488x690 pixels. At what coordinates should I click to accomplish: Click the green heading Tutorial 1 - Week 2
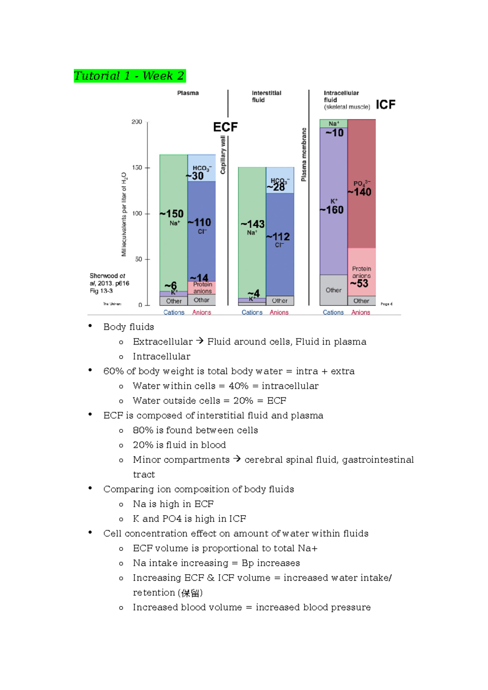[x=129, y=76]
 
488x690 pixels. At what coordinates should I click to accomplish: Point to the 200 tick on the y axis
[x=137, y=122]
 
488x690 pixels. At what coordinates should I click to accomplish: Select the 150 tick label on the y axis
[x=137, y=167]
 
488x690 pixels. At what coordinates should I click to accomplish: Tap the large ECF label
[x=225, y=127]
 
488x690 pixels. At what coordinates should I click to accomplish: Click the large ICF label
[x=386, y=105]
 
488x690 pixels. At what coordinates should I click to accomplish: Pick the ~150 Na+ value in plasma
[x=172, y=214]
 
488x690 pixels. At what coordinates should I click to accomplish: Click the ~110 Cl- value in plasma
[x=200, y=223]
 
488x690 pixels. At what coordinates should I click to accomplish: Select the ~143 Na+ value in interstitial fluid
[x=253, y=224]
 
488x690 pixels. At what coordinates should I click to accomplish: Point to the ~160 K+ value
[x=332, y=210]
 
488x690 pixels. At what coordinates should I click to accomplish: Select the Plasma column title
[x=188, y=93]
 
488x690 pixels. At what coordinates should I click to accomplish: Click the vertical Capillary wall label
[x=223, y=155]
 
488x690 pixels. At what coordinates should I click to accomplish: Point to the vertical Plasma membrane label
[x=304, y=154]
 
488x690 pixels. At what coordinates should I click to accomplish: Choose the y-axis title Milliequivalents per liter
[x=124, y=214]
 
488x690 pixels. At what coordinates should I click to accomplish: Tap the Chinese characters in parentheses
[x=190, y=593]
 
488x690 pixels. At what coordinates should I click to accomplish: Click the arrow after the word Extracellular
[x=200, y=341]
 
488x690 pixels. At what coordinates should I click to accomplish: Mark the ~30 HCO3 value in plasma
[x=195, y=176]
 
